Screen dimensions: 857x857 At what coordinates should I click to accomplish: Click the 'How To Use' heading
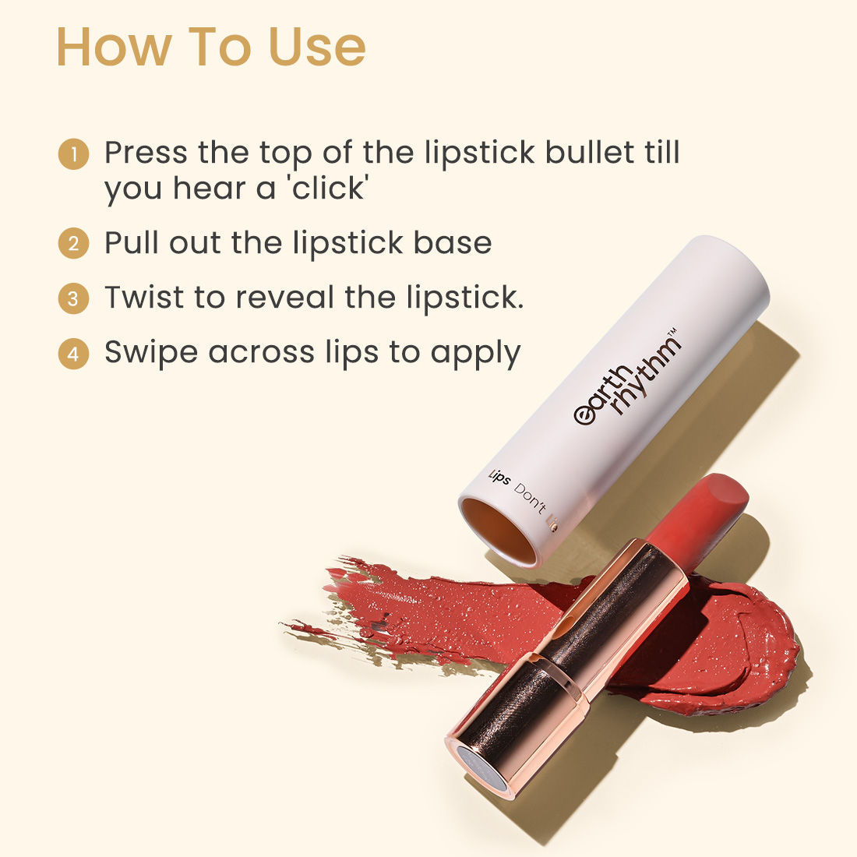pos(210,47)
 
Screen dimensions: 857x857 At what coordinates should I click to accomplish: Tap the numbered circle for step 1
pos(73,153)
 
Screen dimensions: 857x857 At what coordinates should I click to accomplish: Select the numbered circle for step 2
pos(73,244)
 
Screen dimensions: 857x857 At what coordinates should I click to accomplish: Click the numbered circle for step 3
pos(73,298)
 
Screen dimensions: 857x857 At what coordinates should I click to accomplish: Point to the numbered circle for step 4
pos(73,354)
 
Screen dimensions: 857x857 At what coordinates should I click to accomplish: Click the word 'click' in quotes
pos(328,189)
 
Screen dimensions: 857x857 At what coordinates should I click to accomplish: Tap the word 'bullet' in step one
pos(590,153)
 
